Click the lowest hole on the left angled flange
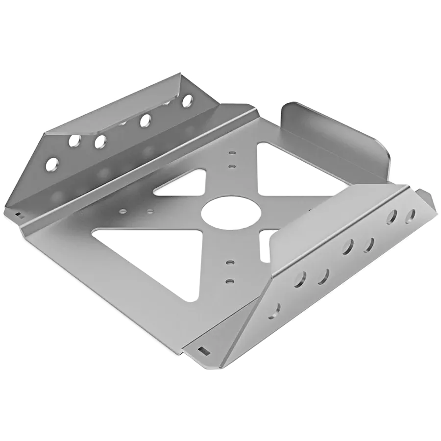(x=51, y=164)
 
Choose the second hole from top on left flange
(x=146, y=119)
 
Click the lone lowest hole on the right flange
(x=276, y=309)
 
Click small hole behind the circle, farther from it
(x=232, y=153)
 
